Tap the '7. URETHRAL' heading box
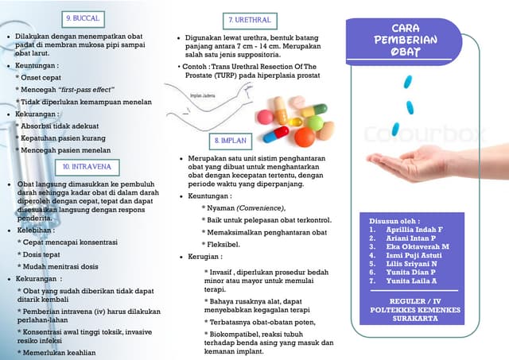coord(250,19)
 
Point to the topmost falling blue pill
coord(408,82)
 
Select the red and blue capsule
coord(275,134)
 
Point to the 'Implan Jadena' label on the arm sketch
coord(204,95)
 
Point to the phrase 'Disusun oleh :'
coord(394,220)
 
